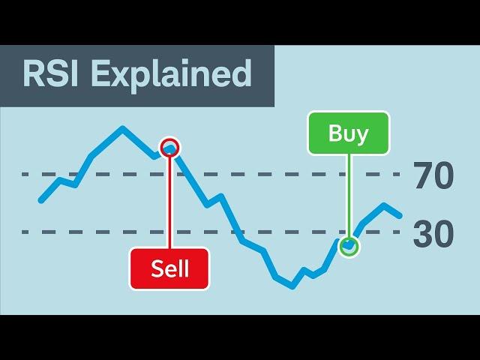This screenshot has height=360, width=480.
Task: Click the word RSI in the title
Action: coord(50,73)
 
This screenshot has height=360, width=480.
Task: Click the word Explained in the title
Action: coord(172,76)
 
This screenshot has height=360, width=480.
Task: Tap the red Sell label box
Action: coord(169,268)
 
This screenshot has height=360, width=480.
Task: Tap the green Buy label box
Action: coord(348,133)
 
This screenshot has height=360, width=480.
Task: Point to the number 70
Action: coord(433,175)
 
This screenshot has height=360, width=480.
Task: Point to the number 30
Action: coord(433,233)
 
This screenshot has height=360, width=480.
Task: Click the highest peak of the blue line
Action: coord(122,128)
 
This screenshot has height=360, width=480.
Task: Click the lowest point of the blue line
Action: coord(292,287)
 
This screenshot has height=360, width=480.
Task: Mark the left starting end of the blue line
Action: coord(41,200)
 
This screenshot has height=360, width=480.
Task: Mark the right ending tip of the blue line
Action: coord(399,215)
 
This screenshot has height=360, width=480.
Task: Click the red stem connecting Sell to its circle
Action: coord(170,202)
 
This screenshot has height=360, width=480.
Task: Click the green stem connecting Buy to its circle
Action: coord(349,195)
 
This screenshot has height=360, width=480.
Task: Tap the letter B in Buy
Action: coord(335,133)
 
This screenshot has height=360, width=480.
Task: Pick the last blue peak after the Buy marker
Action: coord(384,205)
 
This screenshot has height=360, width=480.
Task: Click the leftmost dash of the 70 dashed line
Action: coord(25,175)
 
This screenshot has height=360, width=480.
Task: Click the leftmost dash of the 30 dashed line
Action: coord(25,232)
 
